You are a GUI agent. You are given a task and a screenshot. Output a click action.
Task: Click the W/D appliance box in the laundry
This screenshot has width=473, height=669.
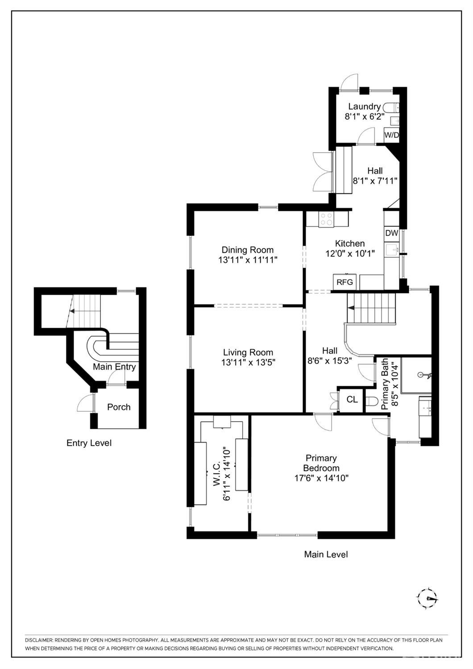click(391, 135)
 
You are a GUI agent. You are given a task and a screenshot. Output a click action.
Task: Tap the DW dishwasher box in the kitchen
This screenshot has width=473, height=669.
click(391, 233)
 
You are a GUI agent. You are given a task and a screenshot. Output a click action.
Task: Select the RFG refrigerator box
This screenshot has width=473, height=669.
click(344, 282)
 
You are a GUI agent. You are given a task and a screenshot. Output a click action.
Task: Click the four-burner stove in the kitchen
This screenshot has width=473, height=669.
click(326, 219)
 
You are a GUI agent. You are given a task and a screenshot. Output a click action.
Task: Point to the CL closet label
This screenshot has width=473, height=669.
click(352, 399)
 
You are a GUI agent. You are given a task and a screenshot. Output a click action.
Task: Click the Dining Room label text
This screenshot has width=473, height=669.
click(247, 250)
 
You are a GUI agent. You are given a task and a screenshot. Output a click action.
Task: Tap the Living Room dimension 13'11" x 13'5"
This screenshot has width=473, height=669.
click(248, 362)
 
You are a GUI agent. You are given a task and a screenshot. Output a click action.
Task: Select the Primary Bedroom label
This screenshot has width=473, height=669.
click(321, 463)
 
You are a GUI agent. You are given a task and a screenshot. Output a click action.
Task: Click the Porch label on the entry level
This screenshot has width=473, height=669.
click(119, 407)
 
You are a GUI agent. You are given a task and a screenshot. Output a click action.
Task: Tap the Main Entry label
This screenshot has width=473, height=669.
click(114, 367)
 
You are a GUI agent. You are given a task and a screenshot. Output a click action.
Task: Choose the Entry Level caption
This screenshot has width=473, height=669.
click(89, 443)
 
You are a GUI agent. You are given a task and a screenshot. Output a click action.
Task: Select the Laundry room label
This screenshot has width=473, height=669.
click(365, 107)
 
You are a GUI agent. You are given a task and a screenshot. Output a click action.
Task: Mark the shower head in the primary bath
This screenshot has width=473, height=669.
click(424, 375)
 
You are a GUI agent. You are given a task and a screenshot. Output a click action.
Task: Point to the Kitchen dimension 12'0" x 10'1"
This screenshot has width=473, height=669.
click(350, 253)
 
